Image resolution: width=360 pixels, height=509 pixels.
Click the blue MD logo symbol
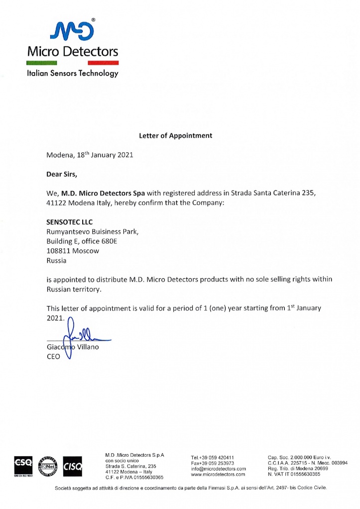coord(72,30)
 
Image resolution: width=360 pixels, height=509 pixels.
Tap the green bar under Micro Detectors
coord(42,63)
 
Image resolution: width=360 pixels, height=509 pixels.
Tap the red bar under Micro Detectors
coord(103,63)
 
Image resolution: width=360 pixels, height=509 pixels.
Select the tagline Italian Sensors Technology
coord(72,73)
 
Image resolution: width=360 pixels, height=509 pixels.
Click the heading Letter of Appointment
coord(175,135)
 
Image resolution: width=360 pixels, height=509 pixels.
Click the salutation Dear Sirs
coord(62,174)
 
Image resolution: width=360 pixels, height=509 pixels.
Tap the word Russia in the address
coord(56,260)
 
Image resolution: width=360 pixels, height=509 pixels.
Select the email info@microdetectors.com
coord(219,469)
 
